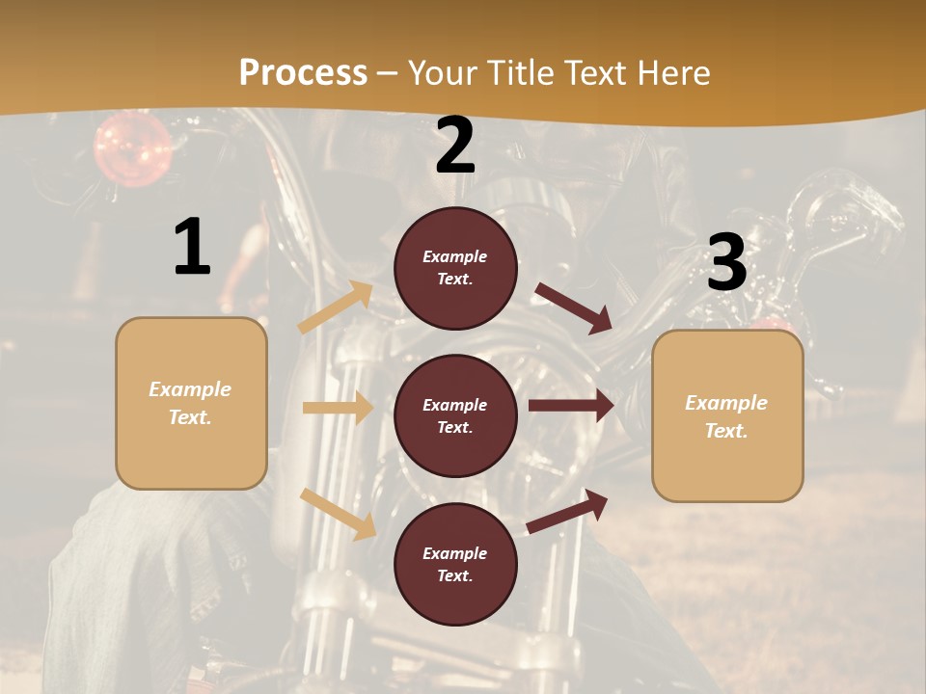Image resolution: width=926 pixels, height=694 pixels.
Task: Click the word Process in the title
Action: pos(303,72)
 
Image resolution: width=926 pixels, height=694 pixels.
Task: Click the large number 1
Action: pos(192,247)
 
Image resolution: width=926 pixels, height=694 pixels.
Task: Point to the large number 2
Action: pos(455,146)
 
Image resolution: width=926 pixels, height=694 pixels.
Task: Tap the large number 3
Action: pos(726,263)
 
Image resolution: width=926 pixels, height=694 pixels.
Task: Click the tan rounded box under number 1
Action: pos(191,403)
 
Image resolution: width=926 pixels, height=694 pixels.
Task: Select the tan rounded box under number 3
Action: pos(727,415)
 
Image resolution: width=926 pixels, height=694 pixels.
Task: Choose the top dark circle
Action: pos(455,268)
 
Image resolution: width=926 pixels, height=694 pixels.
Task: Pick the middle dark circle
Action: pos(455,416)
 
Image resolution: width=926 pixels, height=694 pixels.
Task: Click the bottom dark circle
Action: pos(455,565)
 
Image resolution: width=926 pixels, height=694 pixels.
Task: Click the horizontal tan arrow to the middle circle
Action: pos(338,408)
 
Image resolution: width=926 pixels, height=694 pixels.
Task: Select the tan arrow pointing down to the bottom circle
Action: pos(338,514)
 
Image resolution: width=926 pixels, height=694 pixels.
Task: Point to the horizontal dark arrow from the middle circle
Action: pos(571,406)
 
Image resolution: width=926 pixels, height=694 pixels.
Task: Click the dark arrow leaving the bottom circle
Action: pos(568,512)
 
